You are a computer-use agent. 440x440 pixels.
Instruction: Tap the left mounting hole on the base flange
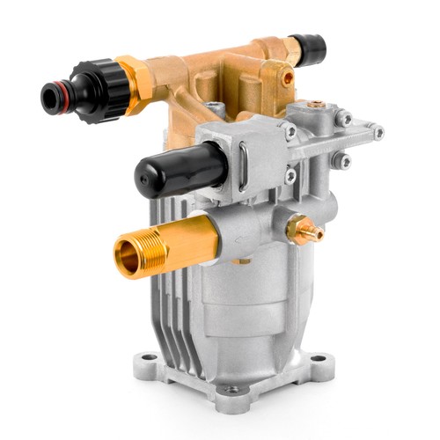(x=149, y=358)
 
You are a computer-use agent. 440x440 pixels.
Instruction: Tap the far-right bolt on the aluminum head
(x=378, y=134)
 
